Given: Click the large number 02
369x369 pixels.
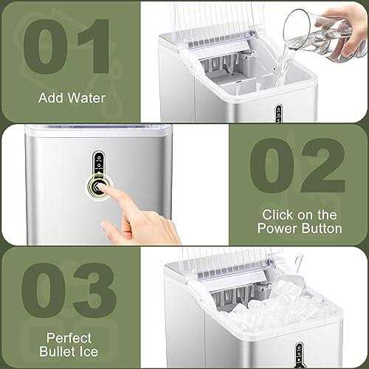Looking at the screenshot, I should (298, 169).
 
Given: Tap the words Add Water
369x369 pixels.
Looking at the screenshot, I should (71, 98).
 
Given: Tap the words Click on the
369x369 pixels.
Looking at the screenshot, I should (300, 215).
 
